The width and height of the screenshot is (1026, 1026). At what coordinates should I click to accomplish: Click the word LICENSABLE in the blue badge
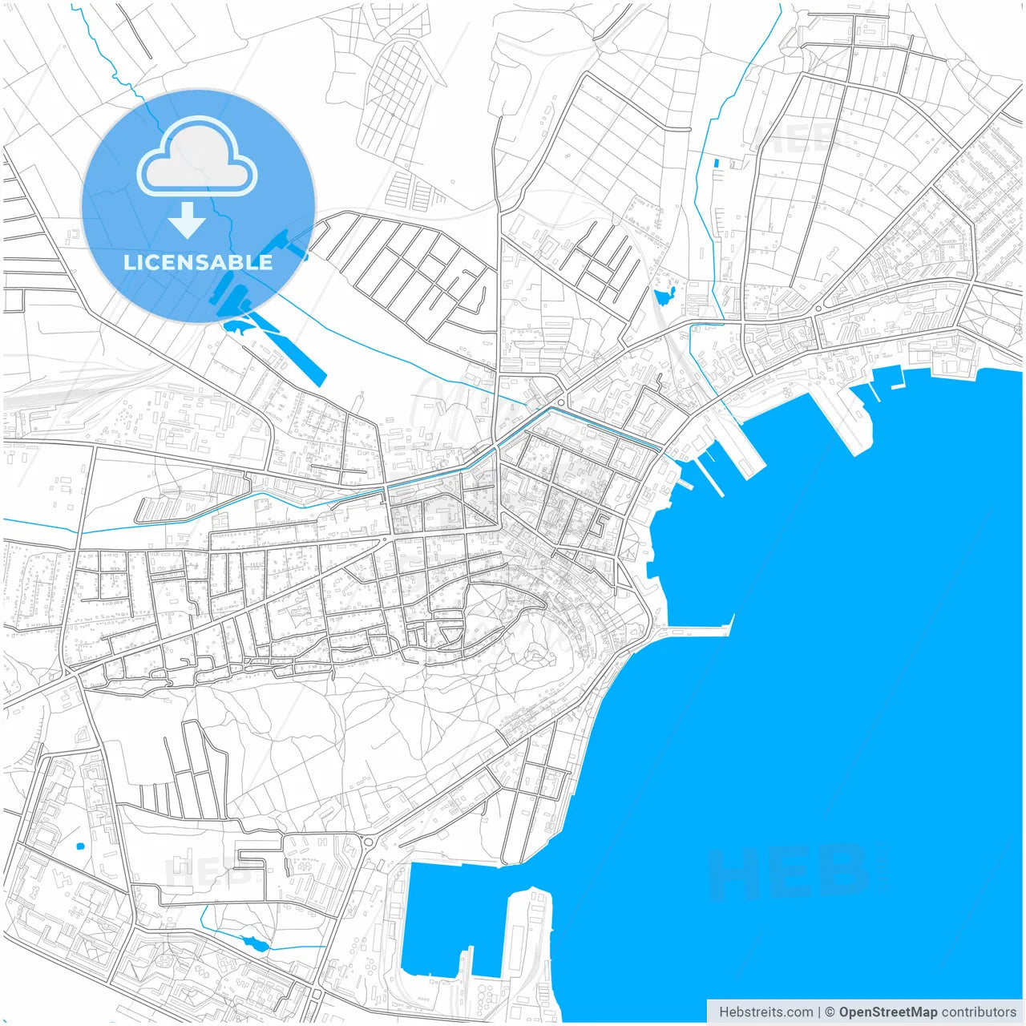(x=198, y=262)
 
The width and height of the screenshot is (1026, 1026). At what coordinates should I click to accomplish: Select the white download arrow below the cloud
(x=187, y=220)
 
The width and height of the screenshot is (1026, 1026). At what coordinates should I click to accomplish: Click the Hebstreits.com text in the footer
(x=765, y=1012)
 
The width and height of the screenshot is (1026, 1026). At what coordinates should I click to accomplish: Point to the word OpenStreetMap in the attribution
(x=887, y=1012)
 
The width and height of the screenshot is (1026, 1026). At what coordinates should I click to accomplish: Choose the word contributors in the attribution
(x=979, y=1012)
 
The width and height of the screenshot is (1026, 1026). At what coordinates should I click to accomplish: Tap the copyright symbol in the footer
(x=830, y=1012)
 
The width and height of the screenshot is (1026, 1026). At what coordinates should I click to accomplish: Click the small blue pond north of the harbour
(x=664, y=298)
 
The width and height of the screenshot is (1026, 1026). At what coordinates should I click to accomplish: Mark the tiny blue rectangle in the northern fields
(x=717, y=164)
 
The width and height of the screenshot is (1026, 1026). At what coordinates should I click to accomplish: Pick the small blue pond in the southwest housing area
(x=79, y=846)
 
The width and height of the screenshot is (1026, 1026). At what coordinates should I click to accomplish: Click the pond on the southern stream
(x=254, y=943)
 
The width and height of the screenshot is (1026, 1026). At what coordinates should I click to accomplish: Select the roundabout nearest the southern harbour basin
(x=369, y=842)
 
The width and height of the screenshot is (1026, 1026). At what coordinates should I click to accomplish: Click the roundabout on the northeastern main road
(x=818, y=309)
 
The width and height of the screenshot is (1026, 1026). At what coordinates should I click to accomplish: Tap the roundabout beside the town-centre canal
(x=561, y=402)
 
